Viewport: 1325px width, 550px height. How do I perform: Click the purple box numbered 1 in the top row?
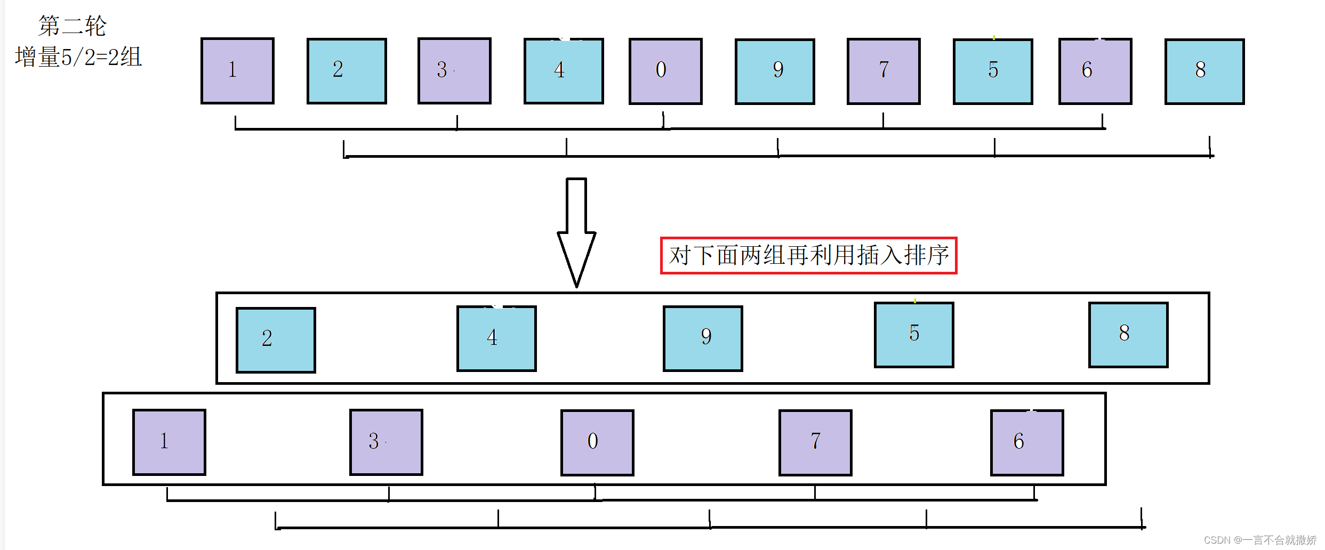click(237, 71)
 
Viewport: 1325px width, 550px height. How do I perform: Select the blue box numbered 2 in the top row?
click(347, 71)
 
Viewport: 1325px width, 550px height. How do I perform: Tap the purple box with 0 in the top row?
click(665, 71)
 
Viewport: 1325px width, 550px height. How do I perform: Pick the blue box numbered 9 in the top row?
click(775, 71)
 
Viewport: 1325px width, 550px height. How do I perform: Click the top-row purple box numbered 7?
click(884, 71)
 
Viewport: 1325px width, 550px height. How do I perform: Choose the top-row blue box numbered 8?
click(1204, 71)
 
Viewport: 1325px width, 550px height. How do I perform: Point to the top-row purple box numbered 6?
click(1095, 71)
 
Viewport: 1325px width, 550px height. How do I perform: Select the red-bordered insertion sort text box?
click(808, 255)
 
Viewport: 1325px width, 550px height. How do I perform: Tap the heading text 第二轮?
click(73, 26)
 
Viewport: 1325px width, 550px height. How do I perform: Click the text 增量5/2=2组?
click(78, 57)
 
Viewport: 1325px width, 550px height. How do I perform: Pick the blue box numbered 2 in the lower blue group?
click(276, 340)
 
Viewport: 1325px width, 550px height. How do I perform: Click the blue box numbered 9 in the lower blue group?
click(703, 338)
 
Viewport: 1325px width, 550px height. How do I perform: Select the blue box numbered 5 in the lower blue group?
click(914, 335)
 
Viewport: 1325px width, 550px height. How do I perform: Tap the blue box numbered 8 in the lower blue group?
click(1128, 335)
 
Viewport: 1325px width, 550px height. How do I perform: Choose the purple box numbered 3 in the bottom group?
click(386, 442)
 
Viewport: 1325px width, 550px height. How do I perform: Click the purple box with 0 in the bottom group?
click(597, 442)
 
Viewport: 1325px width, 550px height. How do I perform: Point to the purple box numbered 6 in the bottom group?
click(1027, 442)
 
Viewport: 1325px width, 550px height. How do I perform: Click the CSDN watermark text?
click(1260, 540)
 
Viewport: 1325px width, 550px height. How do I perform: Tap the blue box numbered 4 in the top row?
click(564, 71)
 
